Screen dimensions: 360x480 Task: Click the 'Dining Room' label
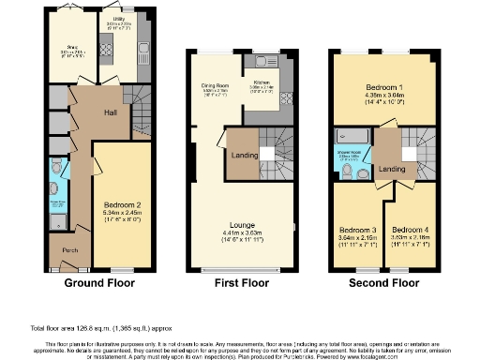pos(217,85)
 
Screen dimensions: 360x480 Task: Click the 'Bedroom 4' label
pos(411,230)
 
